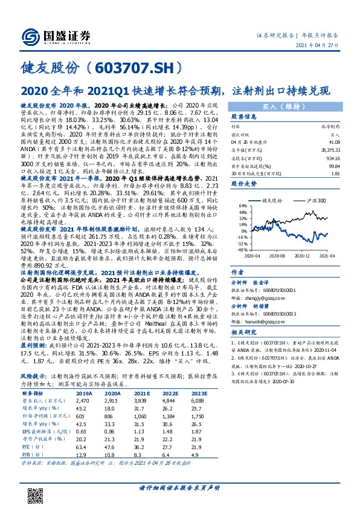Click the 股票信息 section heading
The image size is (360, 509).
pos(244,117)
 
